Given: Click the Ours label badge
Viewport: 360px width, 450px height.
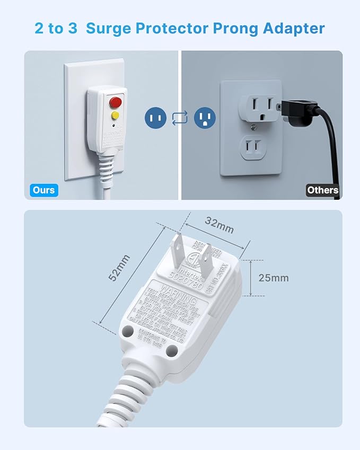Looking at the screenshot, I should click(x=43, y=190).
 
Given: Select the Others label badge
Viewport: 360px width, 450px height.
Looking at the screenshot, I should click(x=322, y=190).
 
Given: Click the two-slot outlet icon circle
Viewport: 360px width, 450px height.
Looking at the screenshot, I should click(x=156, y=117).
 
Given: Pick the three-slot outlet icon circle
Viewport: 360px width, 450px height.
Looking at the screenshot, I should click(x=205, y=117).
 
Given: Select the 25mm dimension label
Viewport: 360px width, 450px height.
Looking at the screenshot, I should click(x=274, y=278).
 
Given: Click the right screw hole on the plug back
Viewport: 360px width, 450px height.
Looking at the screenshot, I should click(x=171, y=350).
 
